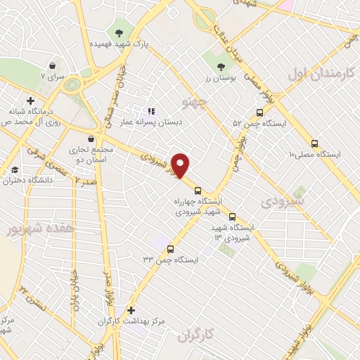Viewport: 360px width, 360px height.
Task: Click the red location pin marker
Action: click(181, 165)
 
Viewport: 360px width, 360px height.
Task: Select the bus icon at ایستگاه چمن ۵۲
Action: click(260, 112)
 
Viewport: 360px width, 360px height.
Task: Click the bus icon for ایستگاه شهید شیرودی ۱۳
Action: click(232, 217)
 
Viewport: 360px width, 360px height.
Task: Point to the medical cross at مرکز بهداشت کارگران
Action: click(131, 309)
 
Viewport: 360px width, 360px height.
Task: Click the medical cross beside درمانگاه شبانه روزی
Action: click(30, 101)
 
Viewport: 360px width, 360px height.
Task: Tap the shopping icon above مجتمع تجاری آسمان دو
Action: click(91, 138)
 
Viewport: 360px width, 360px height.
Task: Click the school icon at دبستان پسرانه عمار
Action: click(150, 110)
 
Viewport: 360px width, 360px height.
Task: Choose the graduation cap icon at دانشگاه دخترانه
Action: click(15, 169)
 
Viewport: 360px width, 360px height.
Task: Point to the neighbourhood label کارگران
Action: click(199, 336)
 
